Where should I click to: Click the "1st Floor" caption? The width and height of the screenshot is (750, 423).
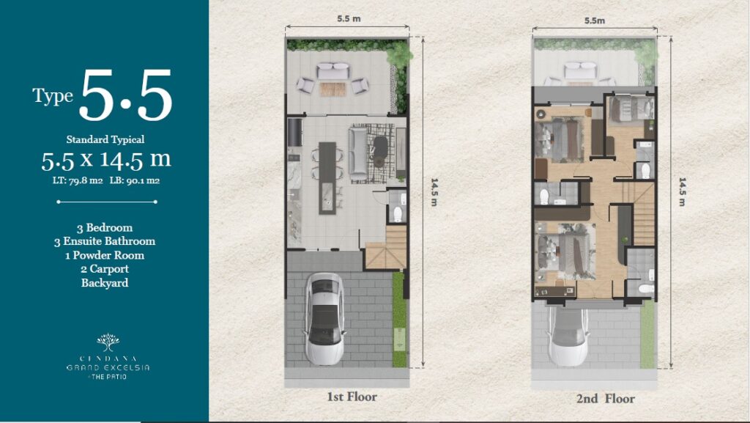tap(352, 397)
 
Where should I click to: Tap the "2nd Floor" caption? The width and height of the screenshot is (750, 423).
tap(605, 399)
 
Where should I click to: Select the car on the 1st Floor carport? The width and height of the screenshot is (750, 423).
tap(324, 319)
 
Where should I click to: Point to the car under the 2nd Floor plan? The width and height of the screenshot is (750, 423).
tap(568, 337)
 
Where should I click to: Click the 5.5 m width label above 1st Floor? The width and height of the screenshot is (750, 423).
tap(349, 18)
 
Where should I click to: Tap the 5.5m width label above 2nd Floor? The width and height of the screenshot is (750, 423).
tap(595, 21)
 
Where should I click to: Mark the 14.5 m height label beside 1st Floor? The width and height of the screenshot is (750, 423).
tap(434, 192)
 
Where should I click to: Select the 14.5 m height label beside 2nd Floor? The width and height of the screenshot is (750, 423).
tap(682, 192)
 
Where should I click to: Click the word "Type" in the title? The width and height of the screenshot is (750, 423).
tap(53, 96)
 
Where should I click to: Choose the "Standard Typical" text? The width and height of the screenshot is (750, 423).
tap(105, 139)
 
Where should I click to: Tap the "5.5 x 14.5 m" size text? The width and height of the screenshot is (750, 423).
tap(105, 161)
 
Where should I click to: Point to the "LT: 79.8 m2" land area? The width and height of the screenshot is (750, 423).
tap(78, 180)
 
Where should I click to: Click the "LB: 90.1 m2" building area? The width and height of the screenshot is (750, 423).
tap(135, 180)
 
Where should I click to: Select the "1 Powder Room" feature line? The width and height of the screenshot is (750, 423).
tap(105, 255)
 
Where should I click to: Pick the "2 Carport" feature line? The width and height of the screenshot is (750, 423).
tap(105, 269)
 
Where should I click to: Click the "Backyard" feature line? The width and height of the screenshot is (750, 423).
tap(105, 283)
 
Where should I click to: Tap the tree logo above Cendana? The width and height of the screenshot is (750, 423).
tap(108, 342)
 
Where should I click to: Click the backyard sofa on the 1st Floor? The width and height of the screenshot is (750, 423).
tap(333, 71)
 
